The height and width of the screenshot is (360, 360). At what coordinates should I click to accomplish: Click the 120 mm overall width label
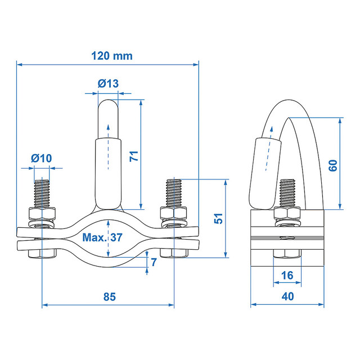pyautogui.click(x=112, y=56)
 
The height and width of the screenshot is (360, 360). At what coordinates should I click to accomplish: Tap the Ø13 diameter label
pyautogui.click(x=108, y=83)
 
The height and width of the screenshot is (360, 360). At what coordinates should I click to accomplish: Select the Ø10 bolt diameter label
pyautogui.click(x=42, y=158)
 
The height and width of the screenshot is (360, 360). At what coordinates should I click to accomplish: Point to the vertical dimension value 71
pyautogui.click(x=134, y=156)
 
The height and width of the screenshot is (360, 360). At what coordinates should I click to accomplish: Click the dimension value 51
pyautogui.click(x=219, y=218)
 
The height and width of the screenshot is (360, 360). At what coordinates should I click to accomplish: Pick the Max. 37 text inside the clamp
pyautogui.click(x=102, y=237)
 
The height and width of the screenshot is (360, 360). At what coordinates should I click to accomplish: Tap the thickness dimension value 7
pyautogui.click(x=154, y=262)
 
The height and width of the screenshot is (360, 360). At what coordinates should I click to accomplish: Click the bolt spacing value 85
pyautogui.click(x=110, y=296)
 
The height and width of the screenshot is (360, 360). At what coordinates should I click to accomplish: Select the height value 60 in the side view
pyautogui.click(x=333, y=165)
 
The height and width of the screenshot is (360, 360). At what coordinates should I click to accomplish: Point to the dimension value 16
pyautogui.click(x=287, y=275)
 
